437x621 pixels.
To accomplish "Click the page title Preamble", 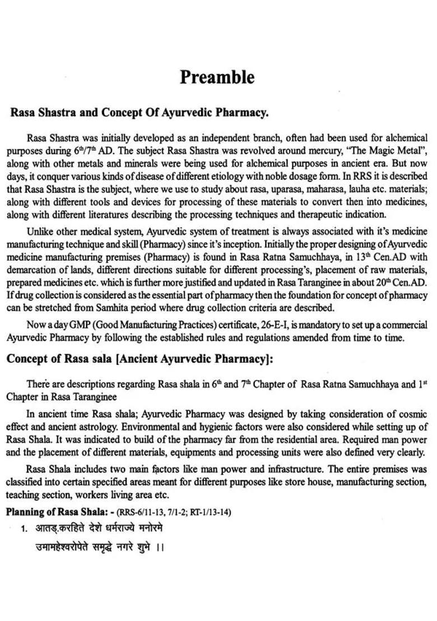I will click(x=217, y=77).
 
